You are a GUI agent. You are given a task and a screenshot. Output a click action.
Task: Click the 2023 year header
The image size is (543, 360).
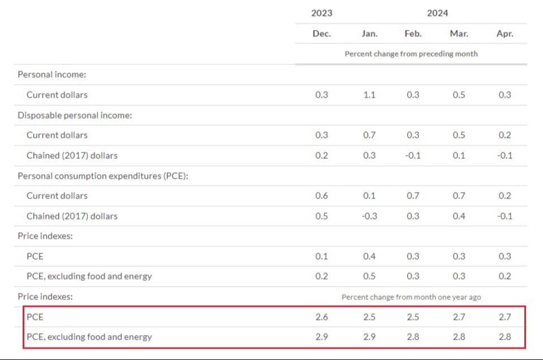[322, 13]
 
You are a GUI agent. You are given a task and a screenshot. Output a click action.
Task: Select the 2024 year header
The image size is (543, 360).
[437, 13]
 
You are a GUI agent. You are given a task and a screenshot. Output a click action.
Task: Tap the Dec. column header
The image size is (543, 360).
[322, 33]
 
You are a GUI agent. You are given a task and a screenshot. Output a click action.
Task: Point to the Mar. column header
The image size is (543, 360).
[459, 33]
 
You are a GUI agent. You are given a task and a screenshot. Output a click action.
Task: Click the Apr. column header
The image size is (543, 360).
[505, 33]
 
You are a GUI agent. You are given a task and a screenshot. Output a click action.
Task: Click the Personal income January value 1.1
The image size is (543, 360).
[369, 95]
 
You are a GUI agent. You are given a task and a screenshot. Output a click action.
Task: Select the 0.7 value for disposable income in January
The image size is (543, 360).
[369, 135]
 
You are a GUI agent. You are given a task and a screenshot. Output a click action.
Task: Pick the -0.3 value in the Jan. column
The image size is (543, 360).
[369, 216]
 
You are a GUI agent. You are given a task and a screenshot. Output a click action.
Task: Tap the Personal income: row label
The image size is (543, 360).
[52, 75]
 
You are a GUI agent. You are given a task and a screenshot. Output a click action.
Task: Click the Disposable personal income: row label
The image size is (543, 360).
[75, 115]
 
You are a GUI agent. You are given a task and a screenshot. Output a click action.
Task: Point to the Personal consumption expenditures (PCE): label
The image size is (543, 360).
[103, 176]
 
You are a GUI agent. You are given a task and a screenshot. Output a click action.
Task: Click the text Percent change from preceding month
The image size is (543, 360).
[411, 54]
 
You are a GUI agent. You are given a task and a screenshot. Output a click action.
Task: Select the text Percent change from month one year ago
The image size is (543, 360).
[411, 297]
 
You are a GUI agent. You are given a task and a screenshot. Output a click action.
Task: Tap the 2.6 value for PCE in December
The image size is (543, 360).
[322, 317]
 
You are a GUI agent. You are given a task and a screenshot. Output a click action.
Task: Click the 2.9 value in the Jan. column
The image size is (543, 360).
[369, 337]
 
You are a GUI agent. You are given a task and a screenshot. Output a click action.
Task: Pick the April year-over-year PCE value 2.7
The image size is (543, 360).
[505, 317]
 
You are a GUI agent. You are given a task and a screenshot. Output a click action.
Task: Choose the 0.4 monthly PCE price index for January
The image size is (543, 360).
[369, 256]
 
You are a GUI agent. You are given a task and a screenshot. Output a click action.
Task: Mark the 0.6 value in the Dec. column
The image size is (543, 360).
[322, 196]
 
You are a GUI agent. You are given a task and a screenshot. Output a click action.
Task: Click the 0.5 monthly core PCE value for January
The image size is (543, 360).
[369, 276]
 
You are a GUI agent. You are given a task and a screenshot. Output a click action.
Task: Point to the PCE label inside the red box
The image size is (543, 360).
[35, 317]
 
